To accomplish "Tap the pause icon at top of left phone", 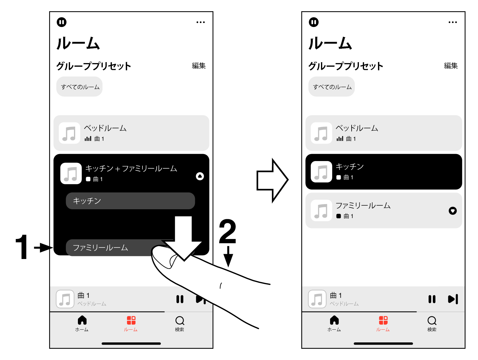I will point(62,22).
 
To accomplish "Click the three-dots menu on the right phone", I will point(453,22).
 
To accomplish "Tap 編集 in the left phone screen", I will point(199,66).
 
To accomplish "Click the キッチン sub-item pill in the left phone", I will point(130,201).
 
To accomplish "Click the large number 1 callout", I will point(22,247).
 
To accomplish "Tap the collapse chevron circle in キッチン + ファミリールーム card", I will point(200,176).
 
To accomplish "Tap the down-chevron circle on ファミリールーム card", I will point(453,211).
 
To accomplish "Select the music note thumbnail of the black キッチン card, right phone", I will point(321,172).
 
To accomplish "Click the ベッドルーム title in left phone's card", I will point(105,128).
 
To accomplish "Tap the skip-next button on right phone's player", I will point(453,299).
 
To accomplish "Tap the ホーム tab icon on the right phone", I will point(334,320).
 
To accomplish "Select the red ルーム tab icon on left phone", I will point(131,320).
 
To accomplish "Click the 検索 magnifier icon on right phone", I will point(432,320).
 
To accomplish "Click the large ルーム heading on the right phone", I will point(330,43).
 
